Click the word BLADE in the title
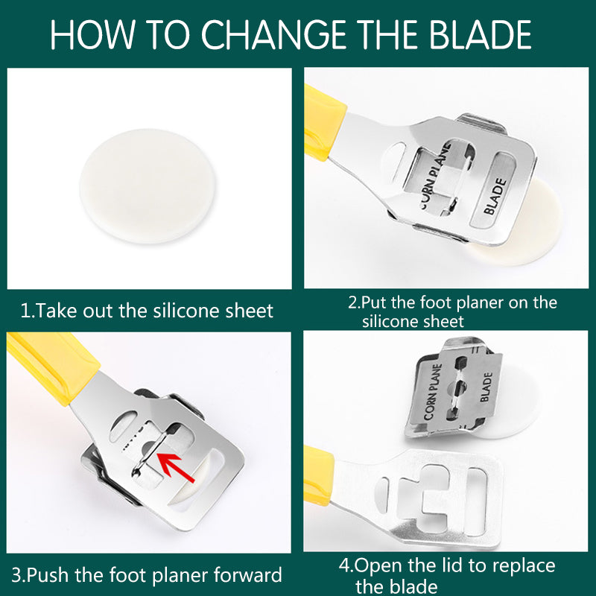pos(481,34)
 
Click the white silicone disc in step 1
pos(148,186)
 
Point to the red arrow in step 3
pos(175,468)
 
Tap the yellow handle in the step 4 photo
pos(319,475)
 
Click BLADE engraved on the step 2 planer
pos(495,196)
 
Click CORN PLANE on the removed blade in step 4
pos(434,392)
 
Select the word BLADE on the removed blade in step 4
pos(486,387)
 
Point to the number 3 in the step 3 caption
pos(16,575)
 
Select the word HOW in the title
pos(92,34)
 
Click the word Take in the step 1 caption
pos(57,311)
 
